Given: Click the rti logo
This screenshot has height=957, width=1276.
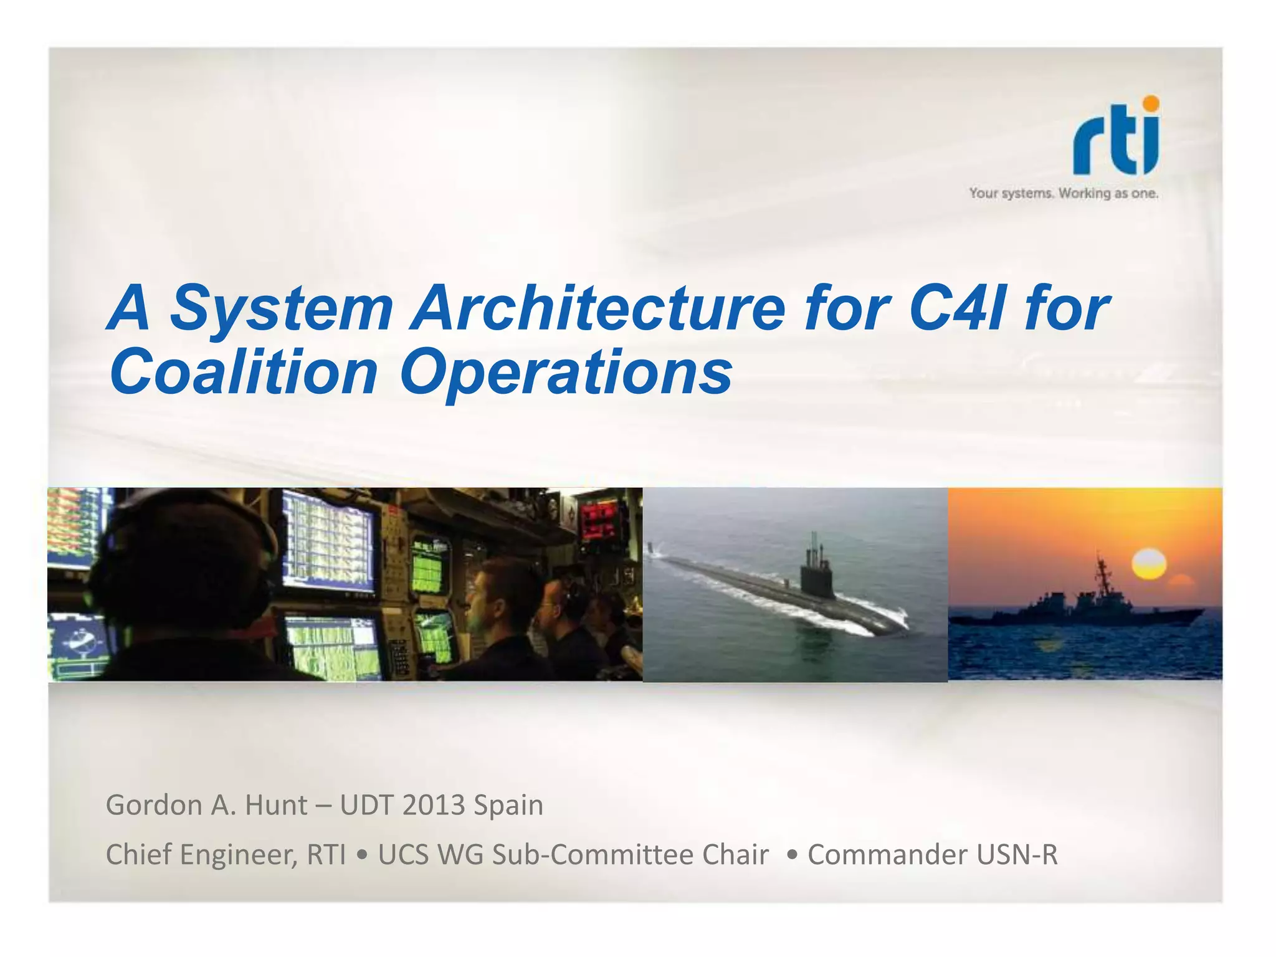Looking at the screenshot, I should coord(1115,137).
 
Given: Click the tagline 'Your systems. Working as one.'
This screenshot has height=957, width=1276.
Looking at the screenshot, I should coord(1063,193).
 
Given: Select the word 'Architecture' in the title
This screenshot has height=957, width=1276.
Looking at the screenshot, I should coord(597,308).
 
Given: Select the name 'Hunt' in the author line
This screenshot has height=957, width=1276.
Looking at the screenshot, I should coord(276,805).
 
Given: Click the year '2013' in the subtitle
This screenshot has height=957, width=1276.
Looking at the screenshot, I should coord(434,805).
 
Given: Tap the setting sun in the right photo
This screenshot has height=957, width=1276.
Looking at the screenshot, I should coord(1148,564).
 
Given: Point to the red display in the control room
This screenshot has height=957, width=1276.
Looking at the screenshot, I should coord(599,521).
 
